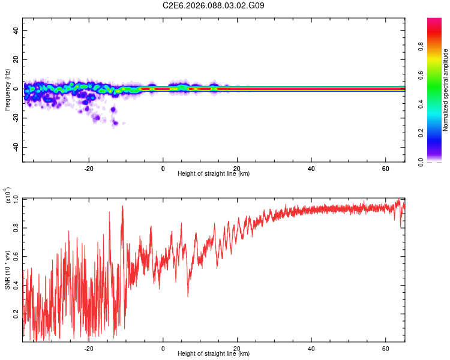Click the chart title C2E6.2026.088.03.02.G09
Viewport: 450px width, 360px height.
214,6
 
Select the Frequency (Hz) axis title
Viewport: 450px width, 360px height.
7,90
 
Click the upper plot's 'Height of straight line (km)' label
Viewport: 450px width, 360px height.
214,174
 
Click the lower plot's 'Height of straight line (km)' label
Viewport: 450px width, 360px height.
214,354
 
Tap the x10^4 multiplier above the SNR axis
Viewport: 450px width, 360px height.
8,194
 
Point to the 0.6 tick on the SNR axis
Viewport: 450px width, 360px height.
16,257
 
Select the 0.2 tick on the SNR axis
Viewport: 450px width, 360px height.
16,313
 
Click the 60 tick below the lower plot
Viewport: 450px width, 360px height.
385,348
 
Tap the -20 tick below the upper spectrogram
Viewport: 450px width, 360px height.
89,168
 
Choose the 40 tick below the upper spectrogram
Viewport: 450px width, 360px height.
311,168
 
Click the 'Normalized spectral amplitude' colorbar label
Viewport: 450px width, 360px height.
446,90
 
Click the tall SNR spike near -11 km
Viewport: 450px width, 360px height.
122,206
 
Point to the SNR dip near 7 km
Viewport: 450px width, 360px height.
188,295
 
